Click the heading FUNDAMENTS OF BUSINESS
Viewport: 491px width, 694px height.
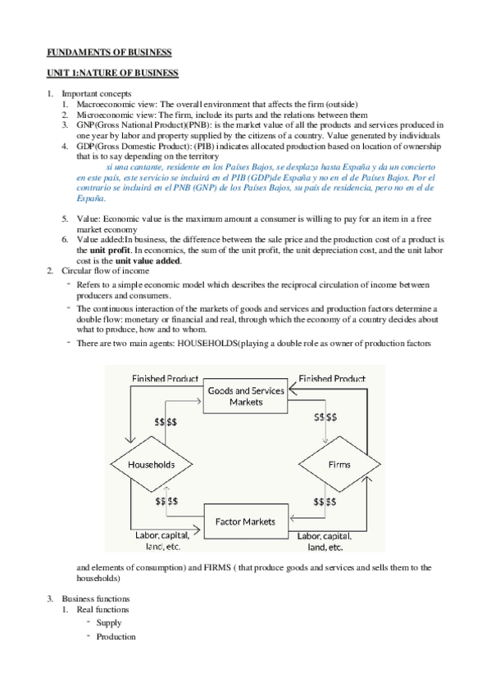[108, 52]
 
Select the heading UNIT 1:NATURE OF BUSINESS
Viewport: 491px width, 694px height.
[111, 74]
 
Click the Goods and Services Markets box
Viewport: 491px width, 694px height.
[246, 396]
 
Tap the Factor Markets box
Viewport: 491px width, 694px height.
[245, 521]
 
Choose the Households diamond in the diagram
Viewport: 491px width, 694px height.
[152, 464]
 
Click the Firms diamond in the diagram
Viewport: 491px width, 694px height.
[339, 464]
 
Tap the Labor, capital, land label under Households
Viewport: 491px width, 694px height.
[162, 541]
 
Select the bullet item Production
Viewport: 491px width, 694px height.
[116, 637]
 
